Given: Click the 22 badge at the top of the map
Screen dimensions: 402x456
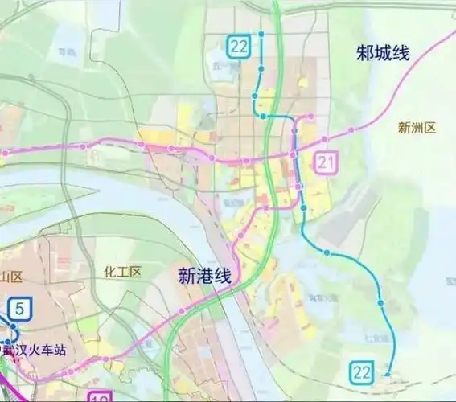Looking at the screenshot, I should pyautogui.click(x=238, y=46).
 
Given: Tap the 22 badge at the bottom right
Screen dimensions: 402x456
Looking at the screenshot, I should pyautogui.click(x=361, y=371).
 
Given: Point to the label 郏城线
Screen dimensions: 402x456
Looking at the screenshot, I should pyautogui.click(x=383, y=54).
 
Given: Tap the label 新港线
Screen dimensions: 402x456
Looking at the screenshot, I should pyautogui.click(x=203, y=276).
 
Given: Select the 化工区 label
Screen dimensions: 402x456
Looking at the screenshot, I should pyautogui.click(x=122, y=272).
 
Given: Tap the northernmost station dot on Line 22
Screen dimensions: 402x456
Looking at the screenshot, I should pyautogui.click(x=261, y=34).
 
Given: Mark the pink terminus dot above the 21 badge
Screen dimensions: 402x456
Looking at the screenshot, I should pyautogui.click(x=311, y=117).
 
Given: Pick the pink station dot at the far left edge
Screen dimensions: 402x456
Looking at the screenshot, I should pyautogui.click(x=4, y=151).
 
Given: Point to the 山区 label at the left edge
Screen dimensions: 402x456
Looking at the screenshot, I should pyautogui.click(x=11, y=277).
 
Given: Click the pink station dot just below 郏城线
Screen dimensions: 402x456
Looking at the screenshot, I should pyautogui.click(x=351, y=130).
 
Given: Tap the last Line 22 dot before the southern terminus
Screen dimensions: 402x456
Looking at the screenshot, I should pyautogui.click(x=382, y=304).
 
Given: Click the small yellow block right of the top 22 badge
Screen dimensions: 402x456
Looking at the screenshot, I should pyautogui.click(x=303, y=82).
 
